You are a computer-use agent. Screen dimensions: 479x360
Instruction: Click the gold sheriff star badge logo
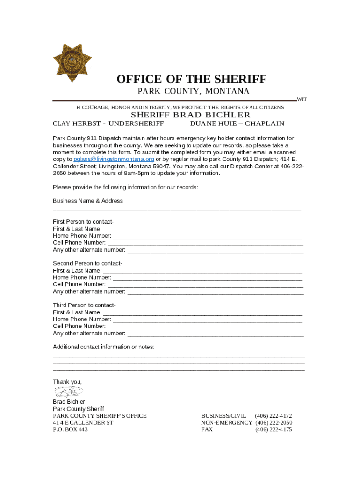click(72, 63)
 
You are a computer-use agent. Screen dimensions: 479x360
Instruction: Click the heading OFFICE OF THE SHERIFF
click(191, 80)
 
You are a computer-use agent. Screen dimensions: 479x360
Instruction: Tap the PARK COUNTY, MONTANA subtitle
click(193, 91)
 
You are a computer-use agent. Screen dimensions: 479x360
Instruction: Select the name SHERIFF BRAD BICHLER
click(190, 115)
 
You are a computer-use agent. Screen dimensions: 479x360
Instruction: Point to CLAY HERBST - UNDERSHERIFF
click(108, 124)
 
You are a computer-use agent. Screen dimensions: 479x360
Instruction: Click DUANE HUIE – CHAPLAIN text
click(237, 124)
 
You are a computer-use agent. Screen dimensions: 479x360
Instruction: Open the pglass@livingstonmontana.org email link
click(114, 159)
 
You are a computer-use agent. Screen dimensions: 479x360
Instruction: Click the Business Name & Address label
click(88, 201)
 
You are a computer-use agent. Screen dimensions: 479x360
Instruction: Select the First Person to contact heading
click(83, 222)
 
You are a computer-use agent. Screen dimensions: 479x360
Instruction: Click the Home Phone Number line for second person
click(208, 278)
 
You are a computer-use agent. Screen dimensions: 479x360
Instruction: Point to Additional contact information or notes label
click(103, 347)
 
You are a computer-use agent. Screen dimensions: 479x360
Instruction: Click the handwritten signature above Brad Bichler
click(69, 392)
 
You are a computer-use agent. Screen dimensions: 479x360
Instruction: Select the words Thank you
click(67, 382)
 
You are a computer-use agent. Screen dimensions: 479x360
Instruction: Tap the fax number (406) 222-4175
click(273, 429)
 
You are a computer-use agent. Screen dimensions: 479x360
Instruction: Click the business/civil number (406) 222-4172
click(273, 416)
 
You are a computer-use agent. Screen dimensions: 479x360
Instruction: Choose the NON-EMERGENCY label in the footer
click(226, 422)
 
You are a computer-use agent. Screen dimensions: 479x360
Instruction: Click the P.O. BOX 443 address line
click(70, 429)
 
